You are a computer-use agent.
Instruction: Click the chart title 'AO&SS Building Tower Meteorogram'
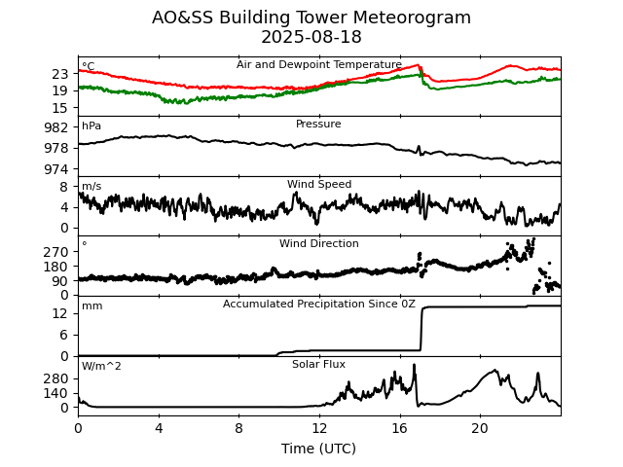311,18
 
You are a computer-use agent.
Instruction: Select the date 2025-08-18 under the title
311,38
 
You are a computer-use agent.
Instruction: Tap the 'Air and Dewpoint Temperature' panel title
319,65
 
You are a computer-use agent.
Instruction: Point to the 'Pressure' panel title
319,125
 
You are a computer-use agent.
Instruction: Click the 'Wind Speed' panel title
319,185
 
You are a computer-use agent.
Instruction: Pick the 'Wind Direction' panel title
319,244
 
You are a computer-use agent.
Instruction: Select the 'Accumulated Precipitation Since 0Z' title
319,305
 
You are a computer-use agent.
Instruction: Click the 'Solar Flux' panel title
319,365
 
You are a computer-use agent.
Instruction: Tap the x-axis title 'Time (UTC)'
319,449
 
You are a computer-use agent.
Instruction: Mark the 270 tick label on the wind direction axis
56,252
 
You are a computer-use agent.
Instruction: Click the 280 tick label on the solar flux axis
56,378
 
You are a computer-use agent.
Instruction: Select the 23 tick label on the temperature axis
60,74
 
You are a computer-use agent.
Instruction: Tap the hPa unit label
92,126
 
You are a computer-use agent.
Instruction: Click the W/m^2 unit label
101,366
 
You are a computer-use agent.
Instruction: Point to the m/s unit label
92,186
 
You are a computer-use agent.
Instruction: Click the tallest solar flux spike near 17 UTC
415,366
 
